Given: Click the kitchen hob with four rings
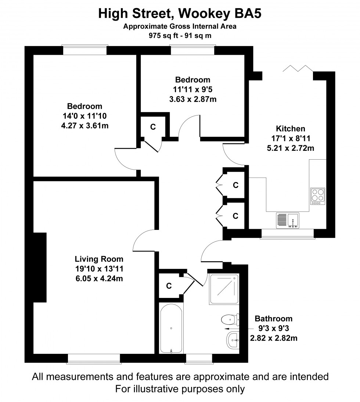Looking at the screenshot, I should pyautogui.click(x=318, y=196).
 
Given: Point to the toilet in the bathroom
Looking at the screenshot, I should pyautogui.click(x=231, y=319).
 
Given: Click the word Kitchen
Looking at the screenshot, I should pyautogui.click(x=291, y=129).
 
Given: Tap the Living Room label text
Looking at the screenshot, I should pyautogui.click(x=99, y=259).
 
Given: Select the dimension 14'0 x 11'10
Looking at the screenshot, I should pyautogui.click(x=84, y=116).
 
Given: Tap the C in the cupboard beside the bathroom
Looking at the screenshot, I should pyautogui.click(x=169, y=285).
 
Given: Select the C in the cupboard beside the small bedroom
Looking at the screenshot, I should pyautogui.click(x=153, y=127).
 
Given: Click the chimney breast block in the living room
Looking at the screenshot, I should pyautogui.click(x=40, y=267).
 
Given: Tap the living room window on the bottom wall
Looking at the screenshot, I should pyautogui.click(x=94, y=359).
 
